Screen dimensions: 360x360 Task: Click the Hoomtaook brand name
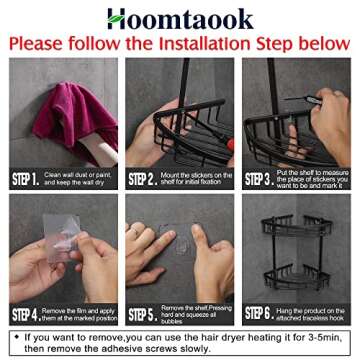coord(180,18)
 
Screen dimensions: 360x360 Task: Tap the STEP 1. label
coord(25,179)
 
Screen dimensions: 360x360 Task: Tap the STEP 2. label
coord(141,179)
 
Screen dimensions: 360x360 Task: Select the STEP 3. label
coord(258,179)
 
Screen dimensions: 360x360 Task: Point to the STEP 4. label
coord(25,313)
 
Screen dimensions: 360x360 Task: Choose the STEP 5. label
coord(141,313)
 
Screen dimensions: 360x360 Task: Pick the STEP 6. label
coord(258,313)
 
